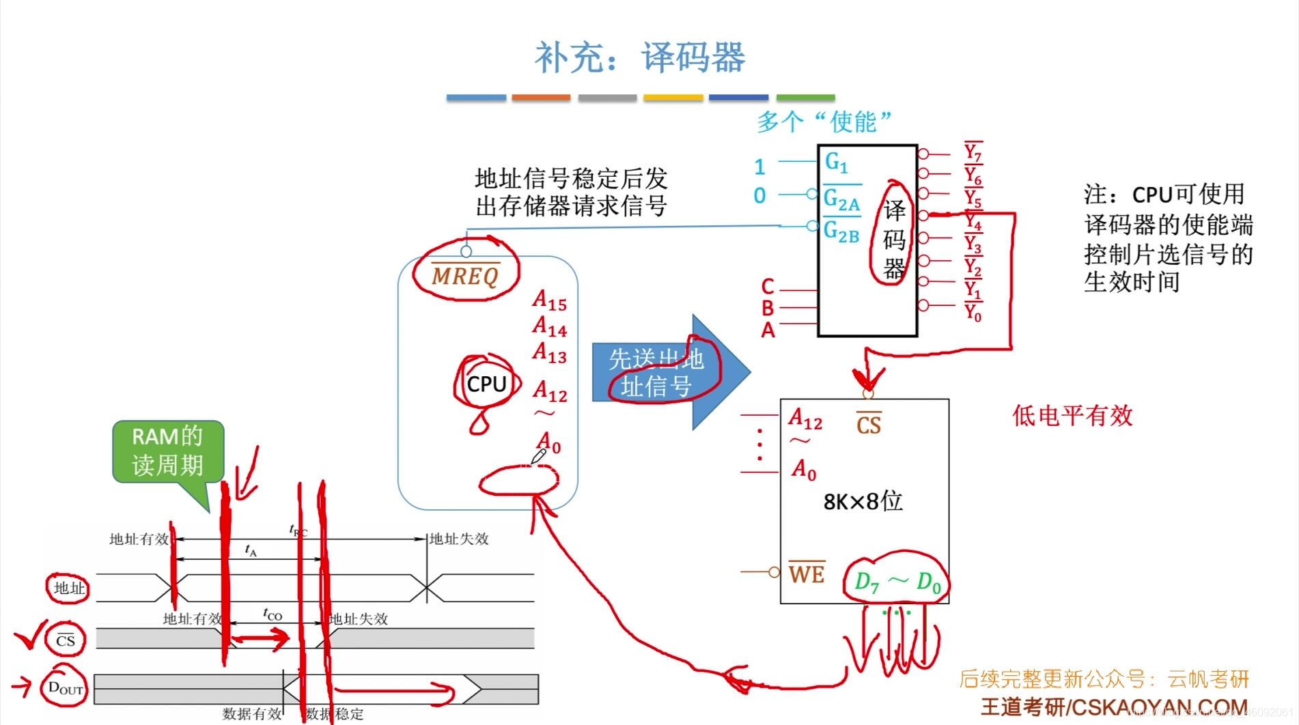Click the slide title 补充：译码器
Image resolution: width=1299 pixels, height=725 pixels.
point(639,57)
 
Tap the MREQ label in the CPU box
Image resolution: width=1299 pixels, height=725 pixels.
point(466,275)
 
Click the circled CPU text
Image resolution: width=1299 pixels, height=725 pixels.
point(486,384)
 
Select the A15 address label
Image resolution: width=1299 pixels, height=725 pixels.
point(550,300)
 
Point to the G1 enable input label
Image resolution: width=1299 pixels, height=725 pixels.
point(836,162)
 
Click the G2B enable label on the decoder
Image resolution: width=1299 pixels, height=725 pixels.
point(841,232)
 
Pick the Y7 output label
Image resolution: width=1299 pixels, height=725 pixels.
point(973,152)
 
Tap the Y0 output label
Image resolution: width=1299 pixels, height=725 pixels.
point(973,313)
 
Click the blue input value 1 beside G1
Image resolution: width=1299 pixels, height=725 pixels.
point(759,167)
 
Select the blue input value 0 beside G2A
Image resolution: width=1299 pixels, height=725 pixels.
point(759,196)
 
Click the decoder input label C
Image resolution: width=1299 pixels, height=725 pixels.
point(768,287)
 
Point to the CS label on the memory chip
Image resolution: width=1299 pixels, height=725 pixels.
point(868,425)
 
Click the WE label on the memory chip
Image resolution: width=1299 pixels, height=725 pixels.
point(807,573)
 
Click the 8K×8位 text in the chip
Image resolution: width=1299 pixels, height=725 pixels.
point(863,502)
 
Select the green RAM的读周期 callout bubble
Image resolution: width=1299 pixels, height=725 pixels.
point(168,451)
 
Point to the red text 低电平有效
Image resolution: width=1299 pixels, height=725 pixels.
point(1072,416)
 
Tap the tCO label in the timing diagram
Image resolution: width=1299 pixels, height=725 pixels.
point(273,614)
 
